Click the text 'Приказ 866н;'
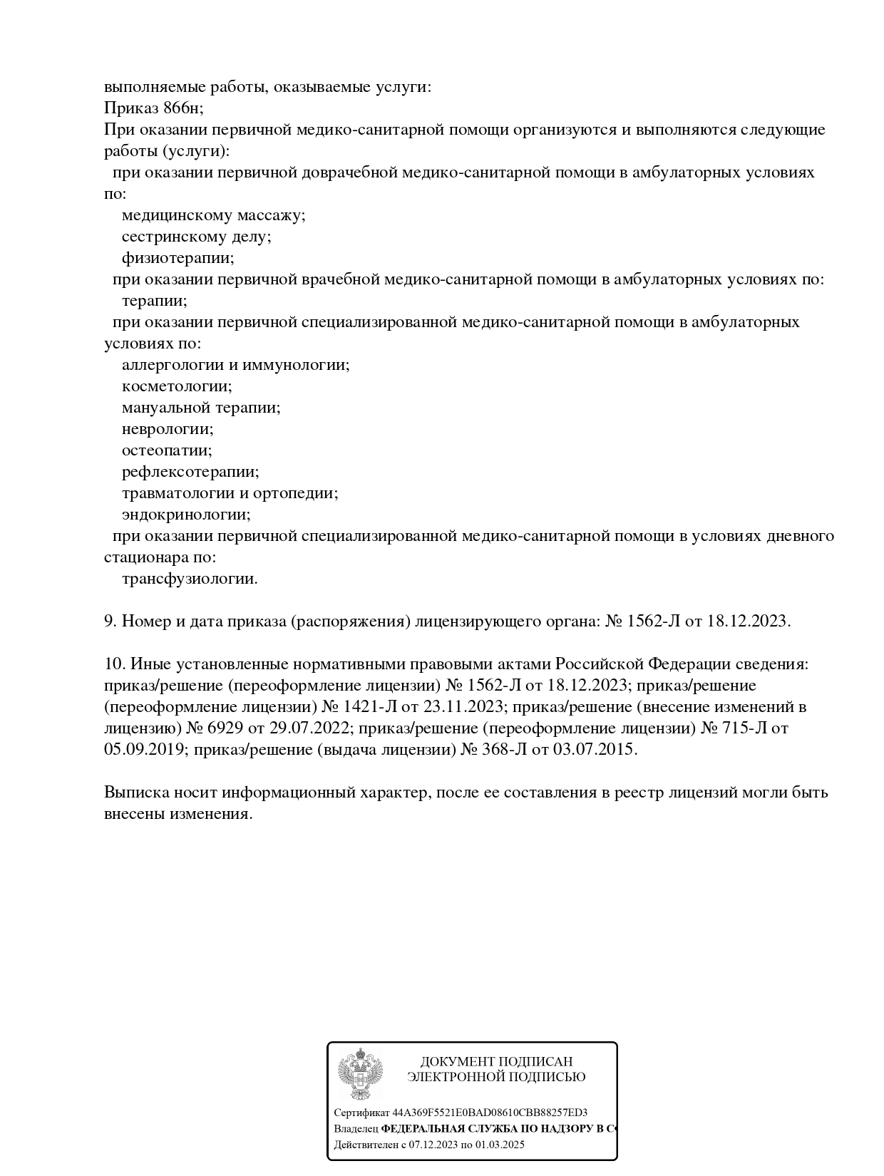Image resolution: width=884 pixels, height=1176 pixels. click(154, 108)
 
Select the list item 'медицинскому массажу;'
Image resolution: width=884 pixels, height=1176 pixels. click(213, 215)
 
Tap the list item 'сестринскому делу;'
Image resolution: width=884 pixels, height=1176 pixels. click(196, 237)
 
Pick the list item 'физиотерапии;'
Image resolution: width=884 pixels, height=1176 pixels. click(178, 258)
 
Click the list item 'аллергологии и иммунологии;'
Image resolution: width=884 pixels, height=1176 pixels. click(235, 365)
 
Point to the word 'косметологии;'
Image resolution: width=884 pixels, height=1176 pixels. click(177, 386)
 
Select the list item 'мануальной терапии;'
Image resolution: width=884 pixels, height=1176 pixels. click(201, 408)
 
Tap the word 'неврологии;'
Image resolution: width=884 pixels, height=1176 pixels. click(168, 429)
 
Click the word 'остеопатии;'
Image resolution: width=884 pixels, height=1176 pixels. click(167, 450)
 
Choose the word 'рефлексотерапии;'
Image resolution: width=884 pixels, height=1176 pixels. click(190, 472)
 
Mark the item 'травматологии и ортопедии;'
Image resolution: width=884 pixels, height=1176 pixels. click(230, 493)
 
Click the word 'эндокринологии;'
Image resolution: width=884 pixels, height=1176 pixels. click(186, 515)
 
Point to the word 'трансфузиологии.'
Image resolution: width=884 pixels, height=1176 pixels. click(190, 579)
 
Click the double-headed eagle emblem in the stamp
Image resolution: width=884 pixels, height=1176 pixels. click(360, 1074)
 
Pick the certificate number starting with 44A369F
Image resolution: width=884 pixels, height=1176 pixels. click(490, 1113)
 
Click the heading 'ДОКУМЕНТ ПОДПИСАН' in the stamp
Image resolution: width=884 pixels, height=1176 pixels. click(496, 1062)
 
